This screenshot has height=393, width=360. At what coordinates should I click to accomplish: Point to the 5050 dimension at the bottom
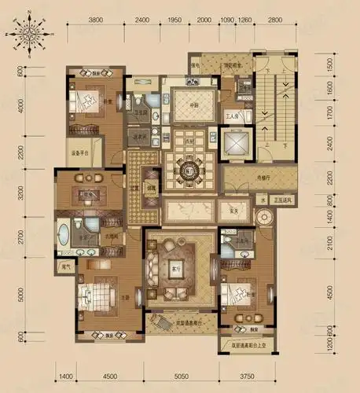tap(182, 376)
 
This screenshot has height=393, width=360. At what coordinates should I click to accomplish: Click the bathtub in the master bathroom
tap(62, 233)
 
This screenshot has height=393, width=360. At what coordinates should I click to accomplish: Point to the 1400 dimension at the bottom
tap(64, 376)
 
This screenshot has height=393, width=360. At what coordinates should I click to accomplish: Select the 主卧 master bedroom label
tap(126, 296)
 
